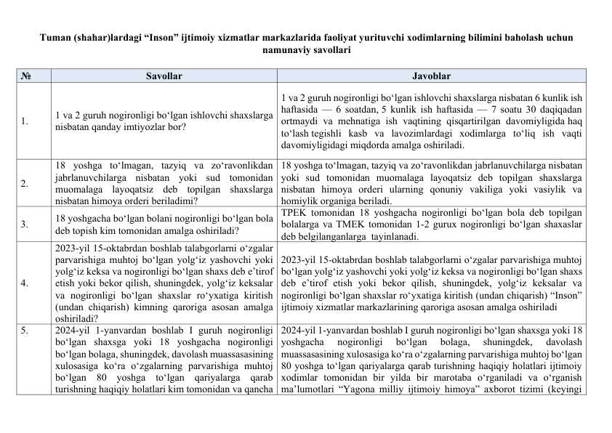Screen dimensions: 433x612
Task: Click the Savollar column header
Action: click(x=164, y=76)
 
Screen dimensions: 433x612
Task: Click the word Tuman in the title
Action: click(x=55, y=37)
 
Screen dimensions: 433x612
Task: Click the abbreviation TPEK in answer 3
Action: click(x=293, y=214)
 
